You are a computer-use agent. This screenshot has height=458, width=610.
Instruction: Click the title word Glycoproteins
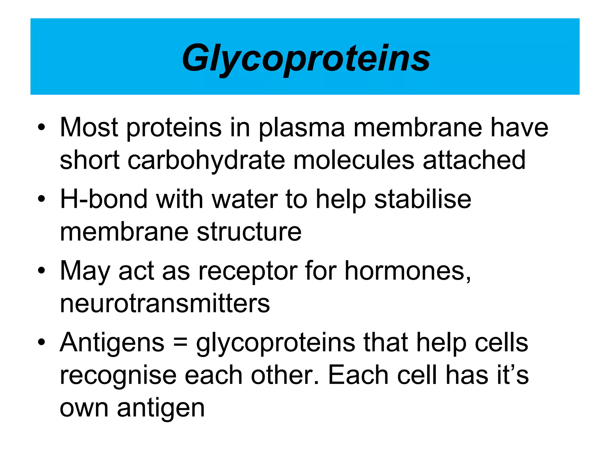point(306,58)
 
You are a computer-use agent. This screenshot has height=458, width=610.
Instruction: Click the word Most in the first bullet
point(89,128)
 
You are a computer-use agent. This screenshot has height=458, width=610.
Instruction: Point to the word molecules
point(354,160)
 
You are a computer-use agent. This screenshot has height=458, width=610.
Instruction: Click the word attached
point(474,160)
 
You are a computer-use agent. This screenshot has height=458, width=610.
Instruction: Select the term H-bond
point(103,199)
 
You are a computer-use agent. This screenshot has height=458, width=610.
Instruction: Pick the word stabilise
point(423,199)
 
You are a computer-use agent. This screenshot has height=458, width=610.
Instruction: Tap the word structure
point(249,232)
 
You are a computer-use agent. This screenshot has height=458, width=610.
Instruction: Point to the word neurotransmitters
point(165,304)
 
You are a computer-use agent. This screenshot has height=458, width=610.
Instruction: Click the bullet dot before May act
point(41,271)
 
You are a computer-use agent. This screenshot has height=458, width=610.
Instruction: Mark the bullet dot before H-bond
point(41,199)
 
